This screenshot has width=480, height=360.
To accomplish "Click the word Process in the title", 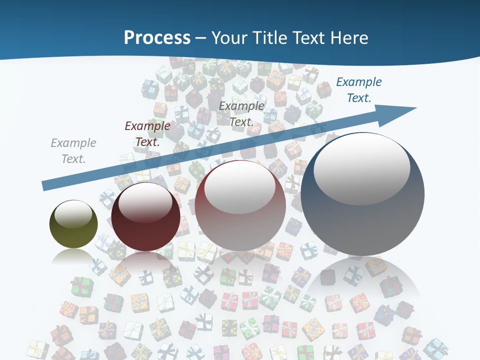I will click(157, 37).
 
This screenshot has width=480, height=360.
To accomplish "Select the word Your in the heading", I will click(230, 37).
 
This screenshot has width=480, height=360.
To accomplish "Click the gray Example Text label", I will click(73, 151).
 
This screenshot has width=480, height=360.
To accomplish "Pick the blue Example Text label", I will click(359, 90).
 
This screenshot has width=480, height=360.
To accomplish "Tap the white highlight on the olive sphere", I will click(73, 214).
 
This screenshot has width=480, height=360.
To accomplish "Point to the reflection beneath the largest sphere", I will click(362, 280).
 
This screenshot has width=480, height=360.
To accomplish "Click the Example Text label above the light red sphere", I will click(241, 113).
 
